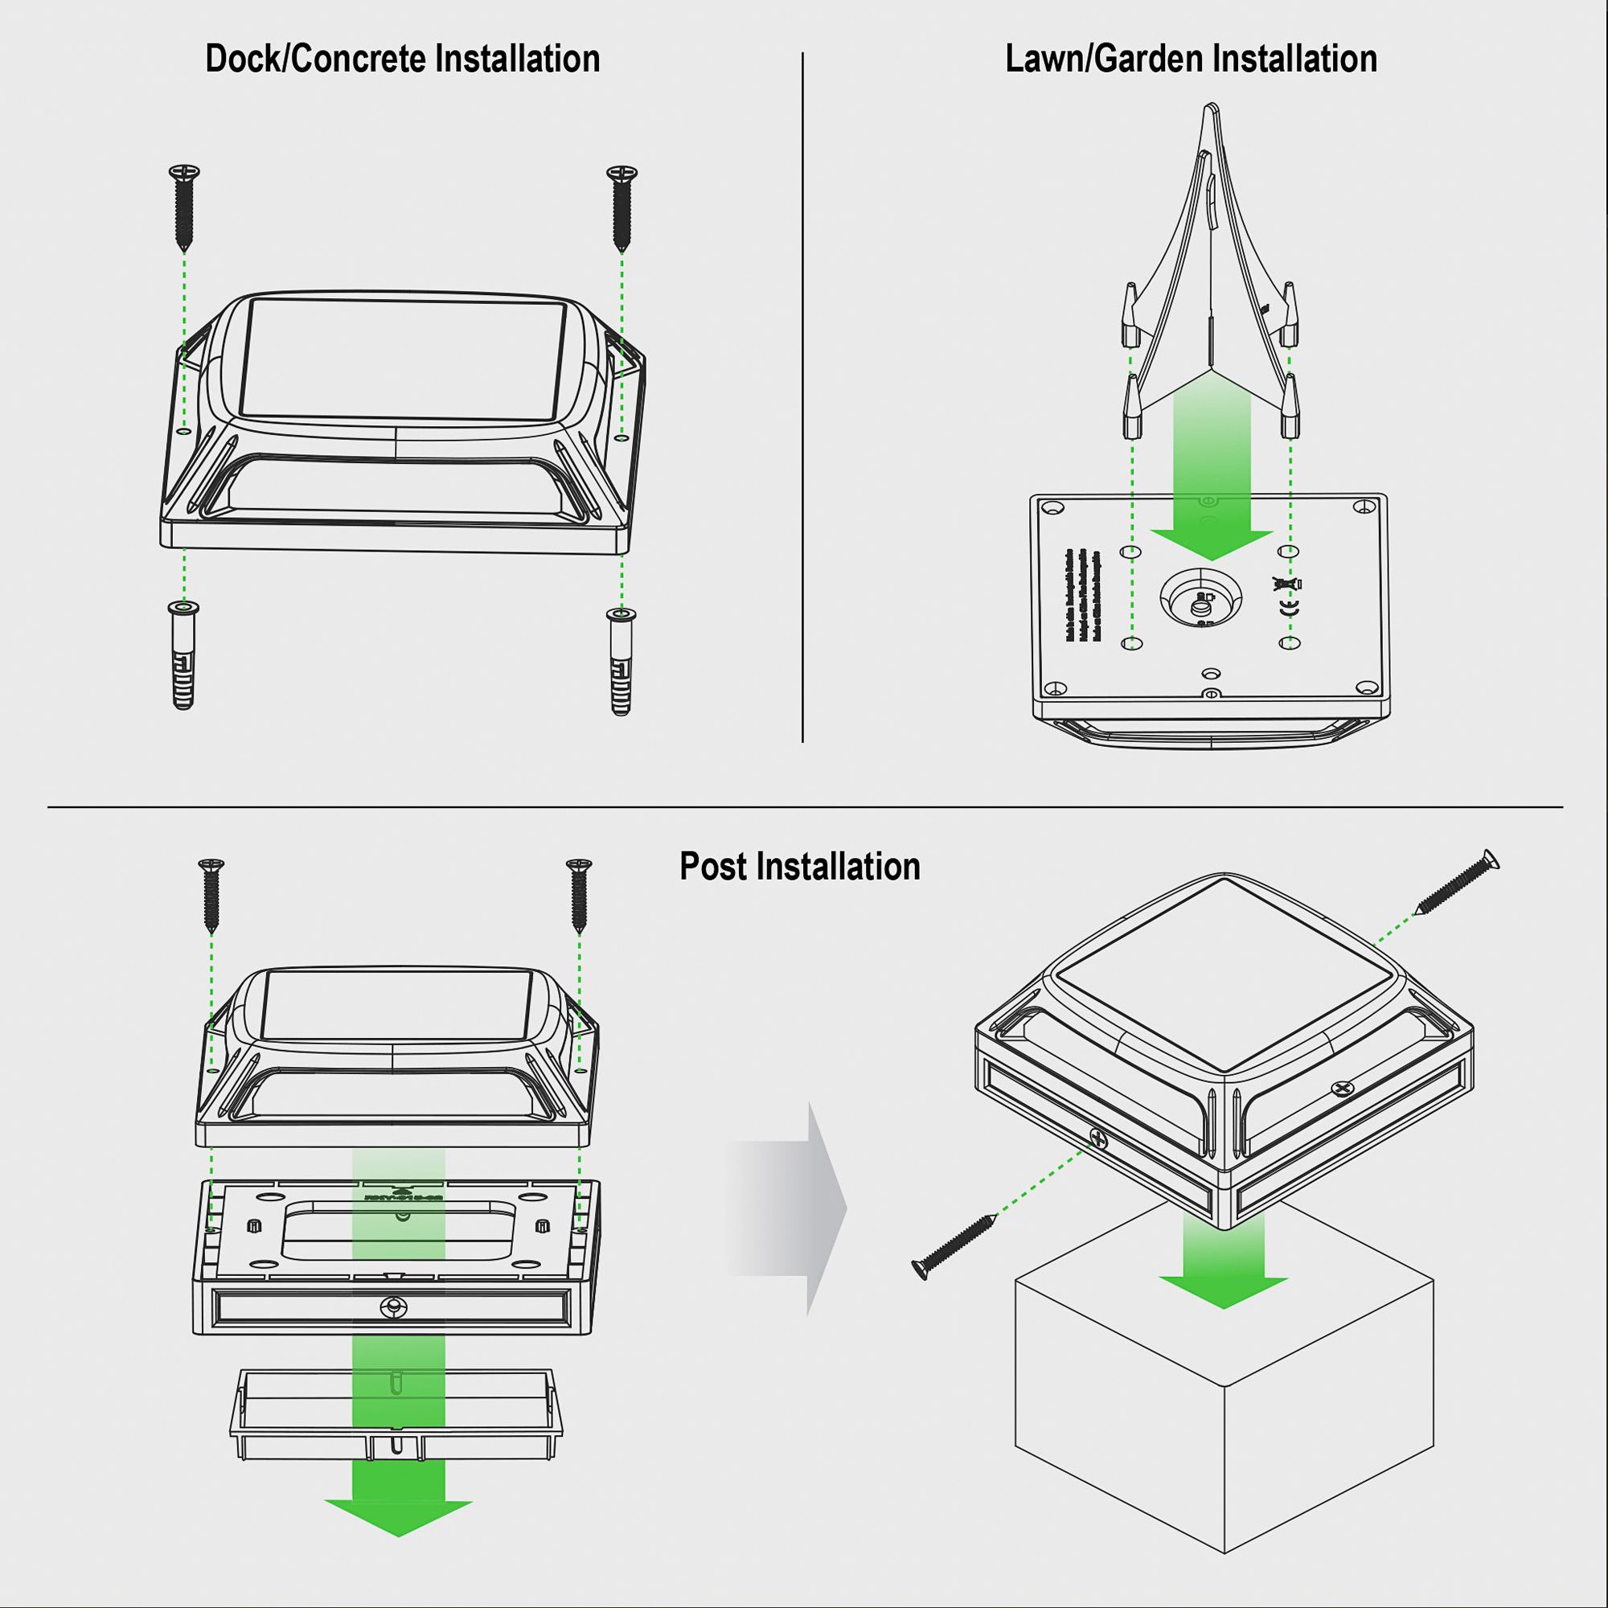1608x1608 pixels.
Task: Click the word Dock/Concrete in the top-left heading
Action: (x=316, y=59)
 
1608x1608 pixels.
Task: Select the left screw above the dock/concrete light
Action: (x=184, y=205)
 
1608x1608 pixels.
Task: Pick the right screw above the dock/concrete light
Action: (x=621, y=205)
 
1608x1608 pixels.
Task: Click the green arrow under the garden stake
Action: (x=1212, y=482)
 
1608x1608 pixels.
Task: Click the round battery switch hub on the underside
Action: (x=1201, y=601)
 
